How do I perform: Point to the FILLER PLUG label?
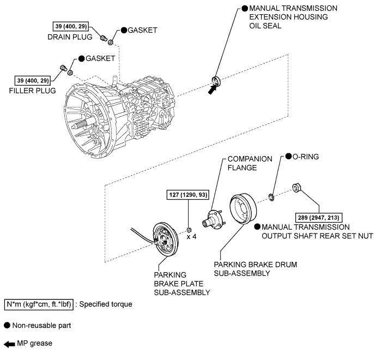(x=33, y=91)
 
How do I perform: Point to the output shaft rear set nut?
(x=298, y=188)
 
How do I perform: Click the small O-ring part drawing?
(x=270, y=196)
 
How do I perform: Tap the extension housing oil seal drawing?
(x=216, y=82)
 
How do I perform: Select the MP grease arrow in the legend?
(x=10, y=345)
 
